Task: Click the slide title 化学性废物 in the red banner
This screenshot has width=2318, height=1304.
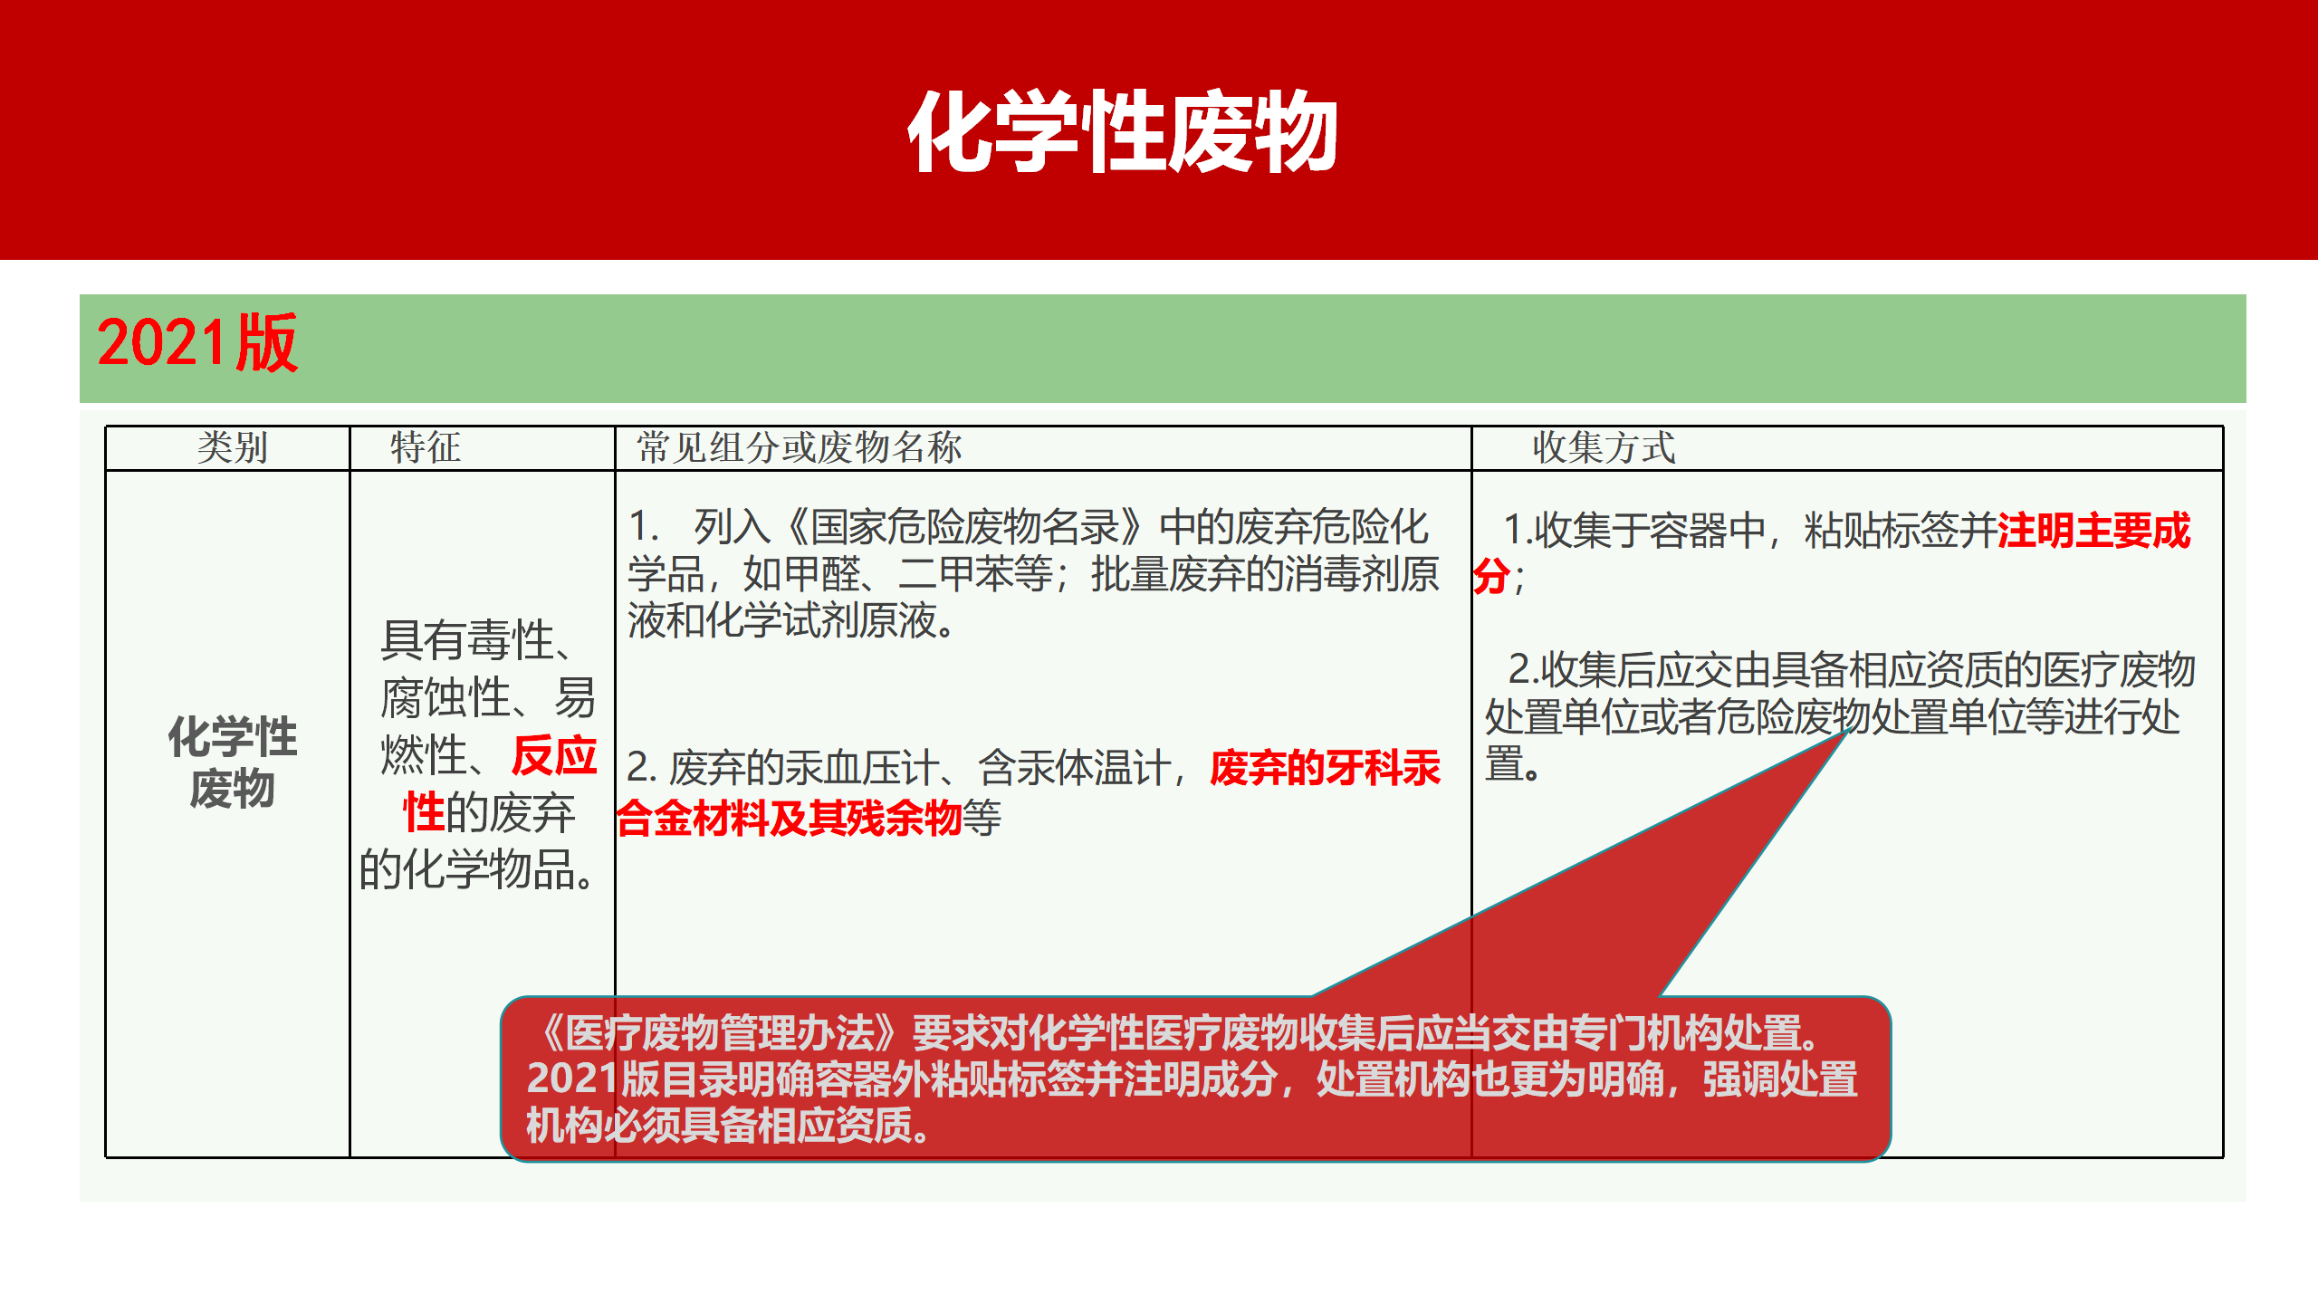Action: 1123,131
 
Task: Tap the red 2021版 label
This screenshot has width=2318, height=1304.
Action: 197,343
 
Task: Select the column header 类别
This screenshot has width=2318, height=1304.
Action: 232,447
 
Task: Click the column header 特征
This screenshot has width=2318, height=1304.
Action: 426,447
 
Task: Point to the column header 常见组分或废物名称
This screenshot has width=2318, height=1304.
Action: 799,447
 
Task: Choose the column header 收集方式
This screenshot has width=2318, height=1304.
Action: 1604,447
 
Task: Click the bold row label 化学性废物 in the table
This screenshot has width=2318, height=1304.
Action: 232,761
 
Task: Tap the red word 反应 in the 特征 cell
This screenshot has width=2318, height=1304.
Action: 554,755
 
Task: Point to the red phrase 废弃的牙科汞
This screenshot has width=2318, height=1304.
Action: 1325,768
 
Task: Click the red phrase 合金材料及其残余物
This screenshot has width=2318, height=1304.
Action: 789,818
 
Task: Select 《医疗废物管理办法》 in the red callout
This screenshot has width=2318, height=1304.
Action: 719,1032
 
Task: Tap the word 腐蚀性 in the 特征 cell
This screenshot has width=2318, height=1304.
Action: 445,698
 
